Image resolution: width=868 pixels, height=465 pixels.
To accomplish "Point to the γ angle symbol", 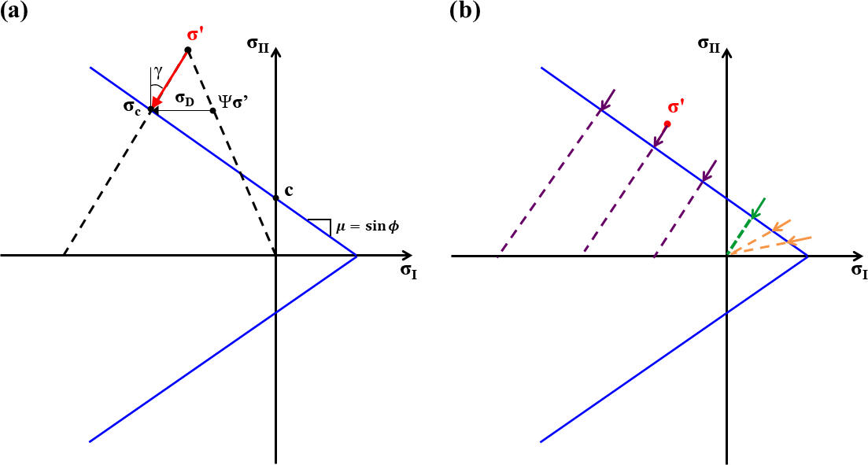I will point(158,72).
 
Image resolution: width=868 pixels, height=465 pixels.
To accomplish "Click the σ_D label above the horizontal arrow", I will point(185,99).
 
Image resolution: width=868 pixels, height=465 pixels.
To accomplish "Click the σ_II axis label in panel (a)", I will point(258,44).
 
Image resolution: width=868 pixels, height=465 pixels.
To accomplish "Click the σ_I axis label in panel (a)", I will point(408,271).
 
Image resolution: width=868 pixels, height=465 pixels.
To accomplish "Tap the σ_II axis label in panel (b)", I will point(710,44).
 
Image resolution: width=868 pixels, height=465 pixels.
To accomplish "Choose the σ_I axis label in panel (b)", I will point(859,271).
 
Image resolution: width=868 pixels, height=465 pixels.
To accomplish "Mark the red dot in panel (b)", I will point(667,124).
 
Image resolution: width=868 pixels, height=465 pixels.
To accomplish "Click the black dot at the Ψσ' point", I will point(213,110).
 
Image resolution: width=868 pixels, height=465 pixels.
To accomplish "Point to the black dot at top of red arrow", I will point(187,50).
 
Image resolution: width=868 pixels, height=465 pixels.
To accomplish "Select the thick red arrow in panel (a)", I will point(170,79).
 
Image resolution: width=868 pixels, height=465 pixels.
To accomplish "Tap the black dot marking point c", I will point(275,198).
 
